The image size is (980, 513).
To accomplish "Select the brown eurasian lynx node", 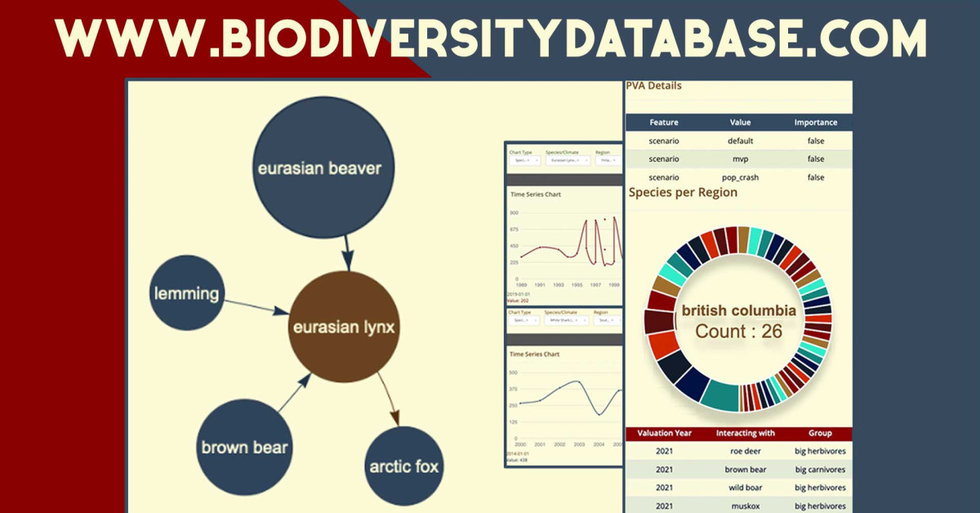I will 344,328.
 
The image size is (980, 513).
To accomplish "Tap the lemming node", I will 186,292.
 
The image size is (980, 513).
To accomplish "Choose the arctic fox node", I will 403,466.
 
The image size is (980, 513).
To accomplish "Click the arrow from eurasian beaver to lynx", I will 346,253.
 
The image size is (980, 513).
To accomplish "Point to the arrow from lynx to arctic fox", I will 390,400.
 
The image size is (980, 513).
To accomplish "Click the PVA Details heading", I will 653,86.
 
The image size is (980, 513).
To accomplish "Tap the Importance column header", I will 815,123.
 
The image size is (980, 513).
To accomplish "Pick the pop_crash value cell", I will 739,177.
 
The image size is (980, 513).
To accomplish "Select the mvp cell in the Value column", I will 739,159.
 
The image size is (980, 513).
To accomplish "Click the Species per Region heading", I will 683,193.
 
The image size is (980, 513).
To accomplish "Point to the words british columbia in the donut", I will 738,311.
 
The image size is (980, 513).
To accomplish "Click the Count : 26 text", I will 738,332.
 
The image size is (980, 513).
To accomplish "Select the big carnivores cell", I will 820,470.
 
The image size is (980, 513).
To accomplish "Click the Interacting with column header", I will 745,433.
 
